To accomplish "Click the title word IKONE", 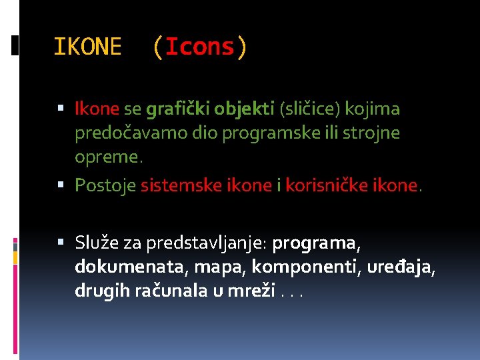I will (x=87, y=47).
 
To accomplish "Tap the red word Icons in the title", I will (x=199, y=47).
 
